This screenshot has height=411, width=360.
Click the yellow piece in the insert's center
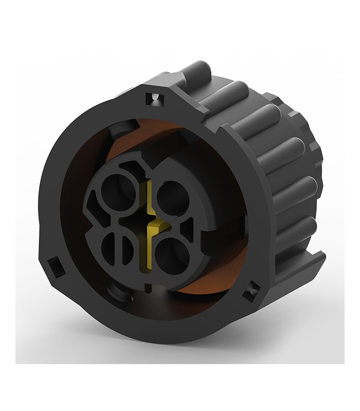[x=150, y=226]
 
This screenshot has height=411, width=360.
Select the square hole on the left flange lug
[x=54, y=266]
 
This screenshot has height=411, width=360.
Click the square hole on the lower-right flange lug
[x=251, y=291]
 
